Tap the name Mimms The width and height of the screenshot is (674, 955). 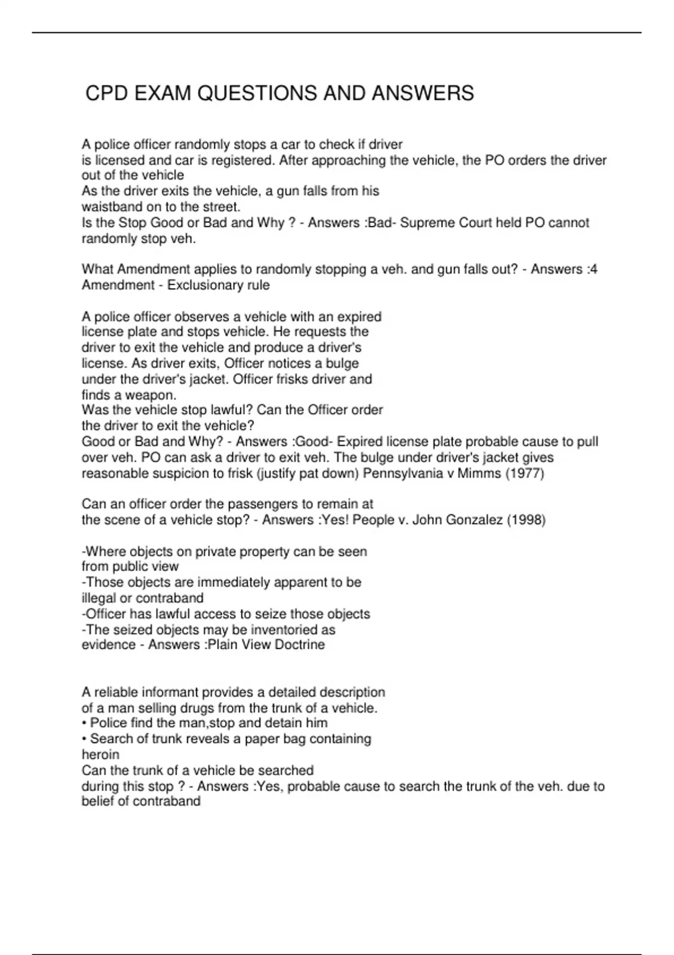click(x=479, y=473)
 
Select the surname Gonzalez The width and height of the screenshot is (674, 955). click(x=472, y=520)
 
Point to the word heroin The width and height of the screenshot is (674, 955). click(x=101, y=754)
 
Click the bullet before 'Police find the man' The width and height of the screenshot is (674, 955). click(x=84, y=723)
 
